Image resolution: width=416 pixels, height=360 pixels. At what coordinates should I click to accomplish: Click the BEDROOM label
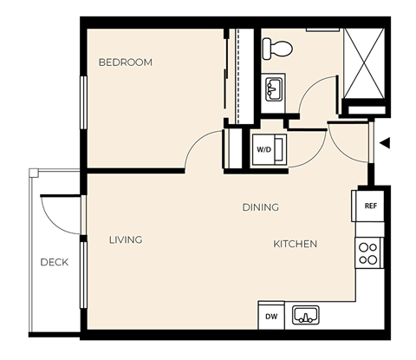tap(125, 62)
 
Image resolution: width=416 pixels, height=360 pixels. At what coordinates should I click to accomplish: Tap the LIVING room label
tap(126, 239)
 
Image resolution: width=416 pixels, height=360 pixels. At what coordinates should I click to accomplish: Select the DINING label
tap(260, 207)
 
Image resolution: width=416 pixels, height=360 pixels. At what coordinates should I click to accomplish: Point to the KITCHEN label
tap(295, 244)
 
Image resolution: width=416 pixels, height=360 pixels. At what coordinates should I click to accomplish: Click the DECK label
tap(54, 262)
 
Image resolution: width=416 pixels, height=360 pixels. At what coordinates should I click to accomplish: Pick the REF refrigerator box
tap(369, 206)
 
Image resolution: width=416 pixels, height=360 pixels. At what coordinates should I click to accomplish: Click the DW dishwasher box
tap(270, 316)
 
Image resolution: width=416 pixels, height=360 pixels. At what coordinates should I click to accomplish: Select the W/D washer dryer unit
tap(263, 148)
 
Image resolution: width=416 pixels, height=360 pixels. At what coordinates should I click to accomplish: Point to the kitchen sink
tap(305, 314)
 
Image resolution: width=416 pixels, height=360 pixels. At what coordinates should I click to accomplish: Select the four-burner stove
tap(368, 252)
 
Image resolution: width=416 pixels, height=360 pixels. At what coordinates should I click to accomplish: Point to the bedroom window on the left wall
tap(84, 102)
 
